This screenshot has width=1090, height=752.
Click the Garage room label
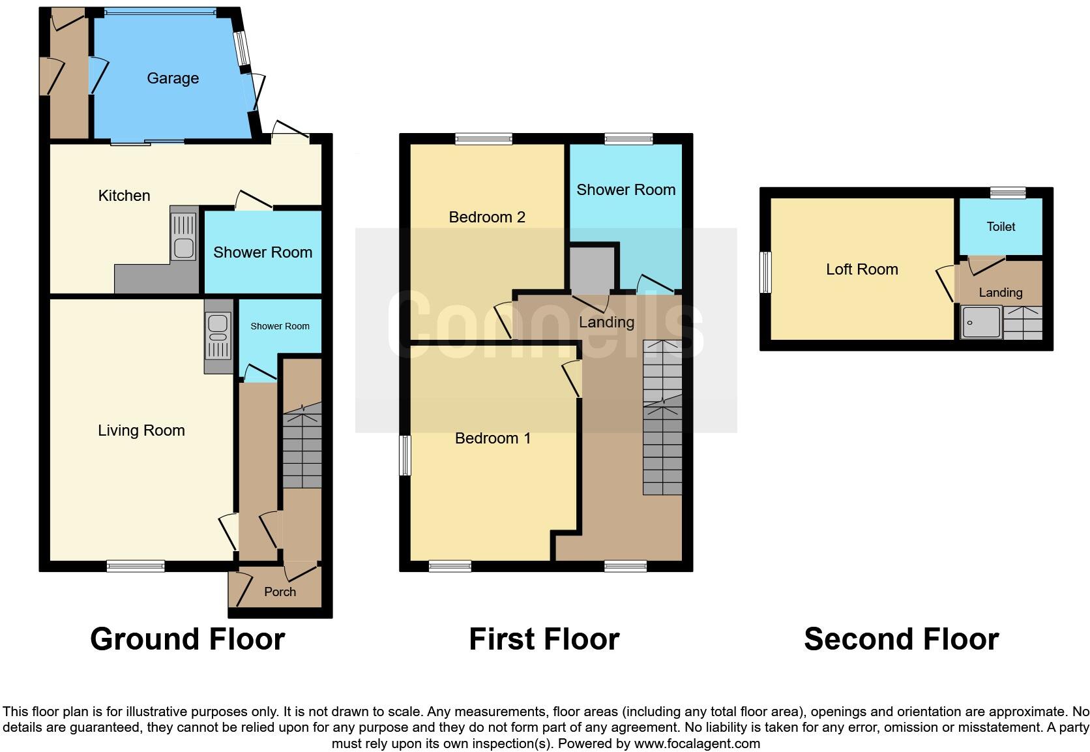(x=173, y=78)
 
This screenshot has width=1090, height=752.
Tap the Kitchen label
(x=124, y=196)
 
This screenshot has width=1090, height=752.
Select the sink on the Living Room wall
(x=218, y=336)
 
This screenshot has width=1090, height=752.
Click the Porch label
(x=280, y=592)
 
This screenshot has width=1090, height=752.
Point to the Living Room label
(x=141, y=430)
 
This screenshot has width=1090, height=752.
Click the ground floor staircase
(x=302, y=447)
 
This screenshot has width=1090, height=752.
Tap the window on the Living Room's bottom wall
(x=136, y=566)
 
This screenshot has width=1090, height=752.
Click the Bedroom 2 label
(x=487, y=217)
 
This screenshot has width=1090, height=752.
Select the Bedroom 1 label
(x=493, y=438)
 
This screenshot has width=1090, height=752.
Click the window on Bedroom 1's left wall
(x=405, y=455)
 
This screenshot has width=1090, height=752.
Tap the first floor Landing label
(x=606, y=322)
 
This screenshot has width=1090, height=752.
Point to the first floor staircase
(x=662, y=417)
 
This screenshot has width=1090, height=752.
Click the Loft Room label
(x=862, y=269)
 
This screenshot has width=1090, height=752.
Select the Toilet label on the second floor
(x=1001, y=227)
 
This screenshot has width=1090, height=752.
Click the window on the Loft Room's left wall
(x=766, y=272)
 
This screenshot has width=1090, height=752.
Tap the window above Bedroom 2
(x=484, y=138)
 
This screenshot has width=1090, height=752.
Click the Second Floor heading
(x=901, y=639)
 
